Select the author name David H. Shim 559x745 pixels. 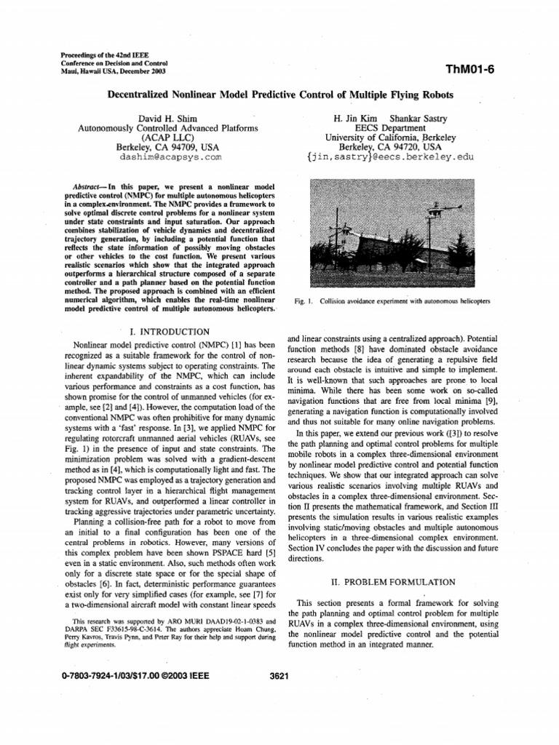[x=168, y=118]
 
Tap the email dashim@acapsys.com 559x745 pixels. [x=168, y=156]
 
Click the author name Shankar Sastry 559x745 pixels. [x=420, y=118]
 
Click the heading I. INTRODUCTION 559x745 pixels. [x=168, y=331]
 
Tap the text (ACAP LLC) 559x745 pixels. [x=168, y=136]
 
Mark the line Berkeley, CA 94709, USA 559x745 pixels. [x=168, y=146]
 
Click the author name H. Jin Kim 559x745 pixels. [x=354, y=118]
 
